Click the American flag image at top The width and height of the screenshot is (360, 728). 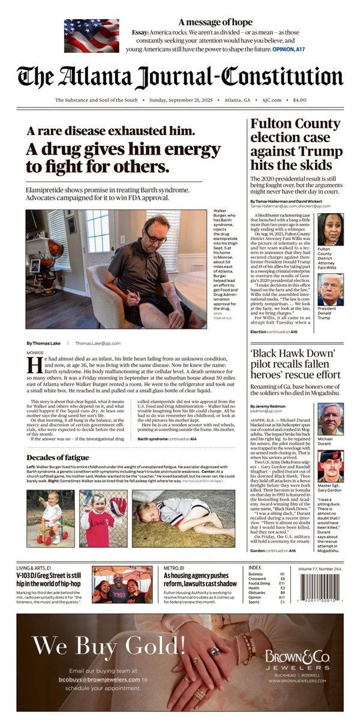(x=91, y=35)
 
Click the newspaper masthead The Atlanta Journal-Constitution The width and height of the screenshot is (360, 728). (x=180, y=77)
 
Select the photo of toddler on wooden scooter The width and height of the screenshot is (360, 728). (x=50, y=518)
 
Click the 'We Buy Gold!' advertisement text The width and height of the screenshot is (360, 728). (x=109, y=646)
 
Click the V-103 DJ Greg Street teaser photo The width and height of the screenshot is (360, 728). (x=122, y=584)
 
